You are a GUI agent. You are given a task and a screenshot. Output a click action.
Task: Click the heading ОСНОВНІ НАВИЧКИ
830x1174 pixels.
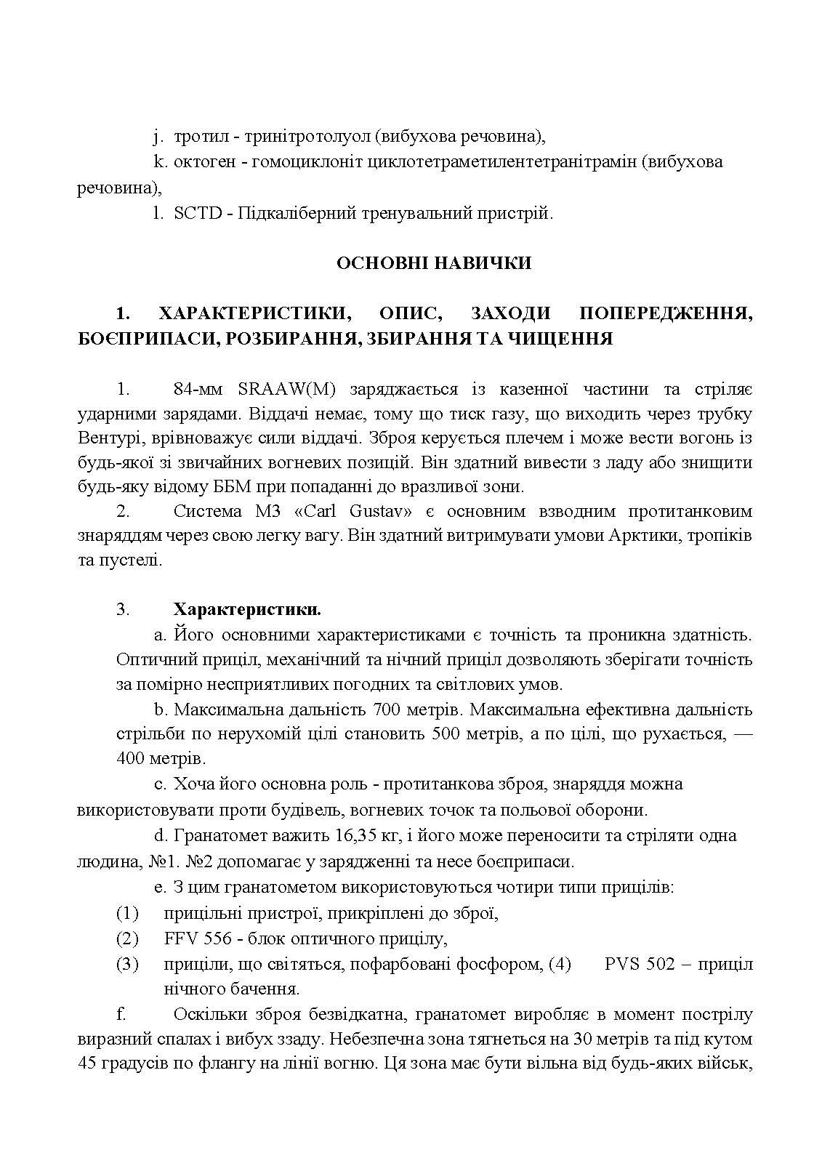tap(433, 263)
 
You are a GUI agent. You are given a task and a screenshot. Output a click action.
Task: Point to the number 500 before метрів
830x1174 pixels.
tap(446, 733)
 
